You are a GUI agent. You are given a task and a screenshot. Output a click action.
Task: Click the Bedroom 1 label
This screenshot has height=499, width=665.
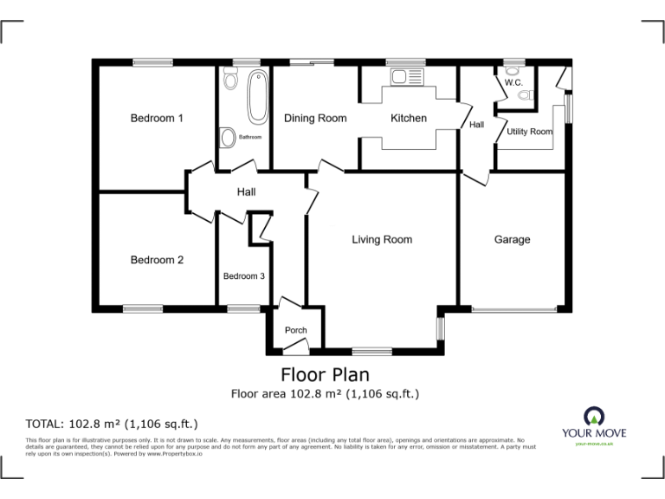[x=157, y=118]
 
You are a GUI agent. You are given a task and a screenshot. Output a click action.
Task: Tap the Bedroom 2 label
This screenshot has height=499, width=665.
[x=157, y=259]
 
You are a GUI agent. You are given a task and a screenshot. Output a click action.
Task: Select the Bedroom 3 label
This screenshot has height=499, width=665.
[x=243, y=276]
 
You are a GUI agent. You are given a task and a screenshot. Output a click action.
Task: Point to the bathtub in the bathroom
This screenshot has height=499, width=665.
[x=257, y=98]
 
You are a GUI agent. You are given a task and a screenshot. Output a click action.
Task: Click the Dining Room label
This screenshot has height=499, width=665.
[x=315, y=118]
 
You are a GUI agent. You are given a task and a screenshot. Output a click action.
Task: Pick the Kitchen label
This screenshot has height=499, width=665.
[x=409, y=118]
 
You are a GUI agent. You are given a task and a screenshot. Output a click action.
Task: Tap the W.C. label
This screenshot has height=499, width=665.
[x=513, y=82]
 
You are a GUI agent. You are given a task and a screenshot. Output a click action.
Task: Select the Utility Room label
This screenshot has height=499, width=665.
[x=529, y=132]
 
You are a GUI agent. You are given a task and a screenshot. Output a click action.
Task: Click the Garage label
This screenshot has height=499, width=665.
[x=512, y=240]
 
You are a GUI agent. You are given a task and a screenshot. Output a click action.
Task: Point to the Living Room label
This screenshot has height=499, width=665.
[x=382, y=239]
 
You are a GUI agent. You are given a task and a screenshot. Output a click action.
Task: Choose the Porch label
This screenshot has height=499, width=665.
[x=296, y=330]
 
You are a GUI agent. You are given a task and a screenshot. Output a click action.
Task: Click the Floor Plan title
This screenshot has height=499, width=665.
[x=325, y=375]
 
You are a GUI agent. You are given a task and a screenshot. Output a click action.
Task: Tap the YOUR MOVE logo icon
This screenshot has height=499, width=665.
[x=593, y=414]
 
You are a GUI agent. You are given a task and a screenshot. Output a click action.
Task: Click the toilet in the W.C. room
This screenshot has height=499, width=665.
[x=524, y=96]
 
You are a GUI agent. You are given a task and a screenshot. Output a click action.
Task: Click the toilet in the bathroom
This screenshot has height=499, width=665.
[x=229, y=81]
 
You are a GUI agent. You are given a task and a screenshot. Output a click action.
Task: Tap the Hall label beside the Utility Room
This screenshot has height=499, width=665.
[x=477, y=125]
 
